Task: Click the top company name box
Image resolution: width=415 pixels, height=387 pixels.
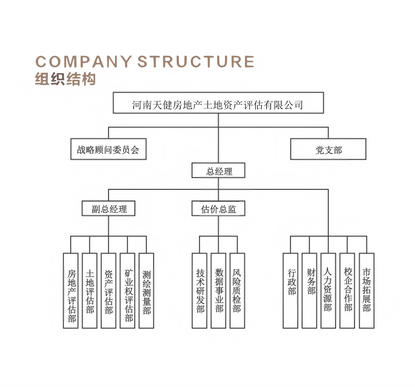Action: click(218, 103)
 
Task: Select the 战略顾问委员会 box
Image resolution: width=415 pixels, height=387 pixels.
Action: click(108, 149)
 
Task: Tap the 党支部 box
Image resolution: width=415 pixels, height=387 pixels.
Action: click(328, 149)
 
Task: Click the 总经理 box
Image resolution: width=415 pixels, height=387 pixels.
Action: click(218, 170)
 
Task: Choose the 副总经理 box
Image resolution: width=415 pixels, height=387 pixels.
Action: click(109, 208)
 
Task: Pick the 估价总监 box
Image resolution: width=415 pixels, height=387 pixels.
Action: click(218, 208)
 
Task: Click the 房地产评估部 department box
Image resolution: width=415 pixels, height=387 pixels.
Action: click(71, 291)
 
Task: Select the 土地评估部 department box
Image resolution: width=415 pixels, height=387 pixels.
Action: click(90, 291)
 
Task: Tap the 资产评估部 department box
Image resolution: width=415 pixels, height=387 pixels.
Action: click(109, 291)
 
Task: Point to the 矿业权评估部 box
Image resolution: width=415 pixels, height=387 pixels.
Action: click(128, 291)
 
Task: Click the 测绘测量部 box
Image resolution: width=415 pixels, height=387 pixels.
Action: click(146, 291)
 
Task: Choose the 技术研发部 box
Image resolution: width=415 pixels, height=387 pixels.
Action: click(200, 291)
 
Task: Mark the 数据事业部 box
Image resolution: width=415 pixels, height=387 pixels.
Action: click(218, 291)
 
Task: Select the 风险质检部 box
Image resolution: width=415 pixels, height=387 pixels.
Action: click(237, 291)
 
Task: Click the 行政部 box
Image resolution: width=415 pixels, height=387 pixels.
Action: click(291, 291)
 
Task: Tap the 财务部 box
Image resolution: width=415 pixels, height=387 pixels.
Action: click(310, 291)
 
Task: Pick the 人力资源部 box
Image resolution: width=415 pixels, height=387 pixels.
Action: click(328, 291)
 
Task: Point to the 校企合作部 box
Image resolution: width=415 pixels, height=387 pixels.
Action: click(347, 291)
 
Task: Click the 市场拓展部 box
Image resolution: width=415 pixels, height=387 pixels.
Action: click(367, 291)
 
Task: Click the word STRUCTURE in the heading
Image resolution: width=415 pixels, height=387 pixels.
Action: click(196, 62)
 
